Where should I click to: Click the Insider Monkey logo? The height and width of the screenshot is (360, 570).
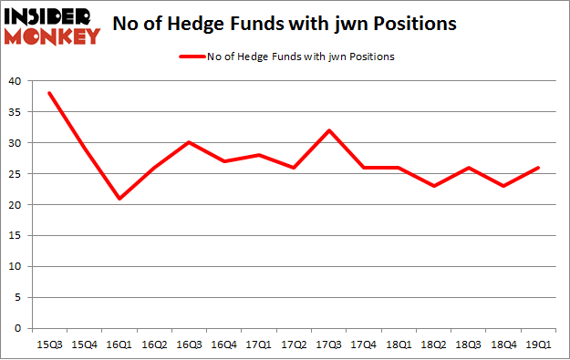point(52,25)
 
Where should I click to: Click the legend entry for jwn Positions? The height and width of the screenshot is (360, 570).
point(288,57)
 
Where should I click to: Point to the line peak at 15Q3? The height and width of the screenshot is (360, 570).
point(49,93)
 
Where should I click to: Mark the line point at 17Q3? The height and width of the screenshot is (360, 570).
point(329,129)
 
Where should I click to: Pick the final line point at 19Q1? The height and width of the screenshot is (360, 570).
point(537,167)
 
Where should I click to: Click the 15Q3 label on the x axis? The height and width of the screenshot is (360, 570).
point(49,344)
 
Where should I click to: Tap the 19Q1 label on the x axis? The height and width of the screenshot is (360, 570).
point(537,344)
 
